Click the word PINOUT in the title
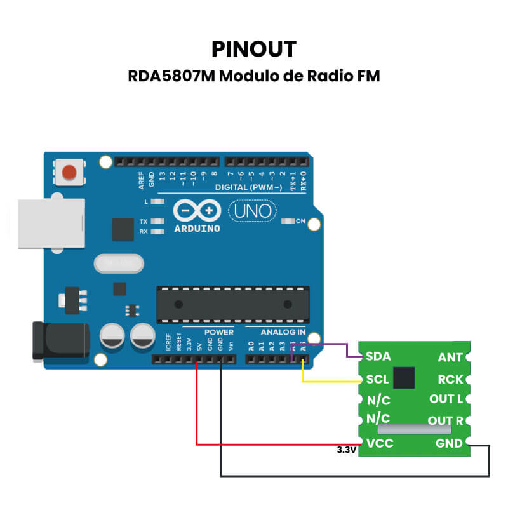point(254,49)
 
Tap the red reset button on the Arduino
point(70,171)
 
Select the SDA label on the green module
point(378,357)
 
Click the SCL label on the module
point(378,379)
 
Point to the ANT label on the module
point(450,358)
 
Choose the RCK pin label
point(450,379)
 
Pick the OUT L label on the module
point(446,399)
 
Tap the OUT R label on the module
point(446,420)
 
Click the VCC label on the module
point(380,443)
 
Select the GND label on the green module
point(449,443)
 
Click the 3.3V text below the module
point(347,450)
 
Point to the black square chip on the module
point(404,377)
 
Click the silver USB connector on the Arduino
point(51,223)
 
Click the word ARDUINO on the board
point(197,228)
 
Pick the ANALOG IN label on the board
point(283,332)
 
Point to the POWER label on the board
point(218,332)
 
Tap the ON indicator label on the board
point(301,222)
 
